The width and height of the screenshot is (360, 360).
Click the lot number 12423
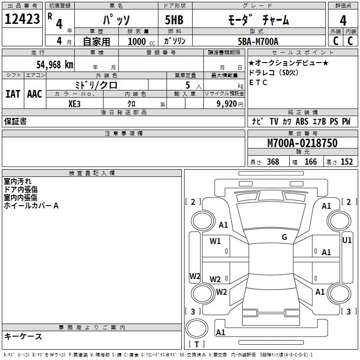[22, 19]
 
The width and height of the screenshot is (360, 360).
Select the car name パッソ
[116, 20]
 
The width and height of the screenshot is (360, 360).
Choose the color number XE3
[75, 103]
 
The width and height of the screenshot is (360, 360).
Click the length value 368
[273, 162]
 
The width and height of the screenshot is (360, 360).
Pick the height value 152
[346, 162]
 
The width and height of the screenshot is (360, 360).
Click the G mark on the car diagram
[284, 237]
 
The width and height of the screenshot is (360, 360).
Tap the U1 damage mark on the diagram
[347, 240]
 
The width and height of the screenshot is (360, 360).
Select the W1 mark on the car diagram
[215, 241]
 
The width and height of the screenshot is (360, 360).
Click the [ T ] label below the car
[197, 345]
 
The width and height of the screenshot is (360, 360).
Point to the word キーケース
[23, 336]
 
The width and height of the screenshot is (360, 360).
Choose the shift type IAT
[13, 94]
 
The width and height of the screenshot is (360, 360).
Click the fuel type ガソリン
[175, 41]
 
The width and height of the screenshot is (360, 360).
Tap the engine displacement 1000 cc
[141, 42]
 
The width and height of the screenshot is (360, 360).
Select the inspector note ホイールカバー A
[31, 206]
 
